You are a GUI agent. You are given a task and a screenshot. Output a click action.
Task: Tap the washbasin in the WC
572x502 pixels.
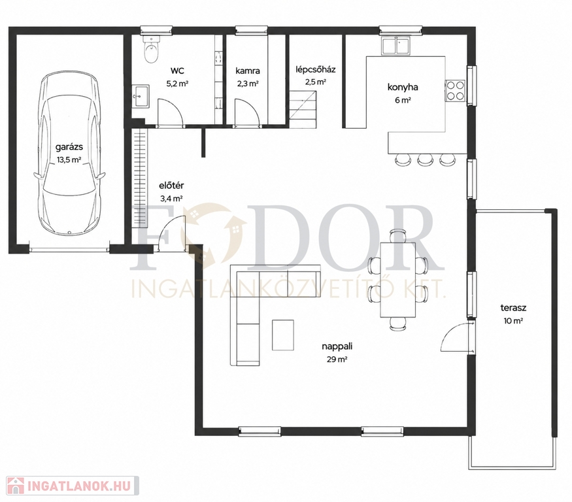click(140, 96)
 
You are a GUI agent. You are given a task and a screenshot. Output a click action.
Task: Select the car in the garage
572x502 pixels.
click(69, 154)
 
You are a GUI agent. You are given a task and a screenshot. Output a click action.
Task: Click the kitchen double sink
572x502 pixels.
click(395, 46)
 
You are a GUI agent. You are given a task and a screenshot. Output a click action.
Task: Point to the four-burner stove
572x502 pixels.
click(455, 90)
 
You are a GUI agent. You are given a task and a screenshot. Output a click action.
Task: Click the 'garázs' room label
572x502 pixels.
click(69, 147)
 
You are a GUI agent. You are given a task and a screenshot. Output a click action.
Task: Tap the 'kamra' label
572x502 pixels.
click(248, 71)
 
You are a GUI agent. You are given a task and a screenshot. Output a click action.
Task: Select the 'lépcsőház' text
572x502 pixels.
click(316, 69)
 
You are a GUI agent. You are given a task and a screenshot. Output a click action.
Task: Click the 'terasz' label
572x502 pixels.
click(513, 308)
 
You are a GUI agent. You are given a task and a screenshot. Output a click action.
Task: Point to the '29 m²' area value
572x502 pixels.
click(337, 360)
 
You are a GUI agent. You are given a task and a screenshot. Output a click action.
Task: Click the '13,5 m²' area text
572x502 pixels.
click(69, 159)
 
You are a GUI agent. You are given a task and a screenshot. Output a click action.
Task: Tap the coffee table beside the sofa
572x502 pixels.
click(282, 335)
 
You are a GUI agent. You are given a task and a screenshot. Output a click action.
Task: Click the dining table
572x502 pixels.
click(397, 280)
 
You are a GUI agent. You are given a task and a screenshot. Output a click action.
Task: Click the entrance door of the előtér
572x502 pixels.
click(172, 233)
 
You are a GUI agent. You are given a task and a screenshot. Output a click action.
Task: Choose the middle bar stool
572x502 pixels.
click(425, 159)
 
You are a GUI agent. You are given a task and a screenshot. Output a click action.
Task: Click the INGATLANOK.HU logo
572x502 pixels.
click(73, 486)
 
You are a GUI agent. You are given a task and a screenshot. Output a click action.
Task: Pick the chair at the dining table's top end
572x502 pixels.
click(397, 235)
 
